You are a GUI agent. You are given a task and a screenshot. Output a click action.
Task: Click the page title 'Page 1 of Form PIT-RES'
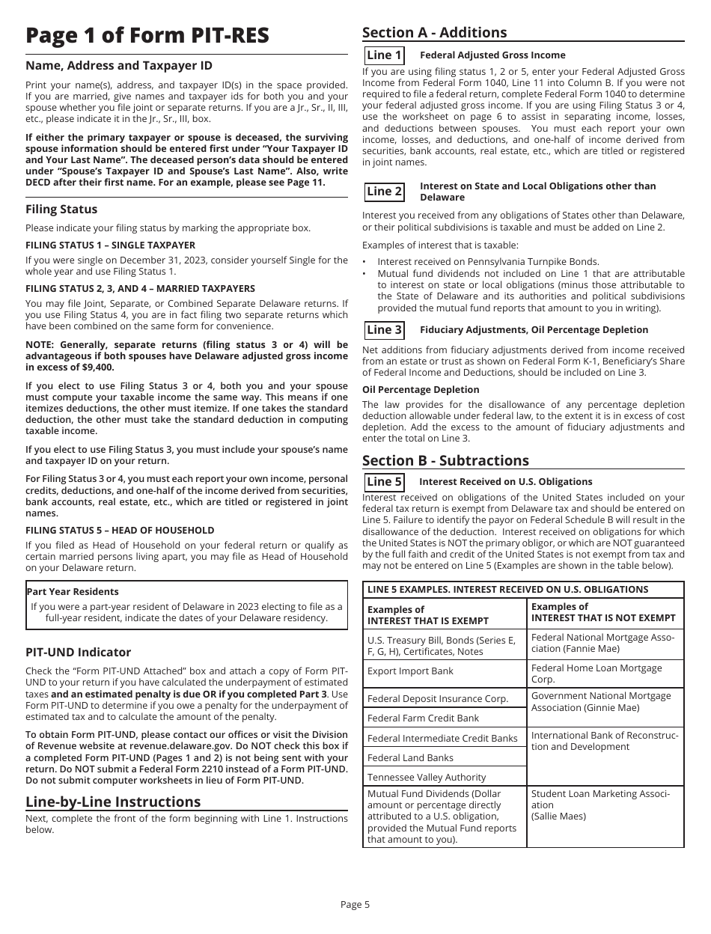point(147,36)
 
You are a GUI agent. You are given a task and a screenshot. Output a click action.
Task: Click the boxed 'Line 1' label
point(384,55)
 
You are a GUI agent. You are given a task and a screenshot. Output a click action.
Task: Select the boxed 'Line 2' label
point(384,192)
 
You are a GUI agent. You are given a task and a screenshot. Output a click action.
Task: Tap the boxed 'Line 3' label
point(384,330)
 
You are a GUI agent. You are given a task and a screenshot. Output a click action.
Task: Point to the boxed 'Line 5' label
point(384,482)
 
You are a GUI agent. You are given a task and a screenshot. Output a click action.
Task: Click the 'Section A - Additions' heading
point(434,32)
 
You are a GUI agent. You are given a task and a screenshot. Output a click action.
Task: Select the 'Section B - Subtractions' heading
point(445,460)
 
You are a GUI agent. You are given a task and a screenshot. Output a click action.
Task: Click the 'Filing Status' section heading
point(61,210)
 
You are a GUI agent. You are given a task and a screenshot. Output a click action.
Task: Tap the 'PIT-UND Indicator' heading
point(78,653)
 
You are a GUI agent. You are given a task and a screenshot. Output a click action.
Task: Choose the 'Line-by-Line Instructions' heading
point(113,802)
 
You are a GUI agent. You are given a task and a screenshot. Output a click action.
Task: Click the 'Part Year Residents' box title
point(73,592)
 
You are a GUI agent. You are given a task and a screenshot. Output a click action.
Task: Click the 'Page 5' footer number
point(355,904)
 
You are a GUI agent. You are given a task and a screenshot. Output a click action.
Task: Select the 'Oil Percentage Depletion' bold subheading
point(421,390)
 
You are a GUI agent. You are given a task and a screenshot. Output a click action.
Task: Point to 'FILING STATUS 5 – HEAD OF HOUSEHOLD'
point(120,530)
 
